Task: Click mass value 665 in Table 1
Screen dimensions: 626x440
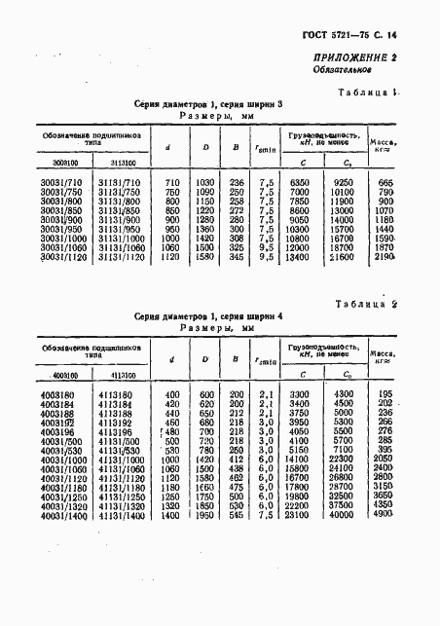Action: point(413,184)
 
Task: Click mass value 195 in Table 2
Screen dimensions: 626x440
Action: point(413,391)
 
